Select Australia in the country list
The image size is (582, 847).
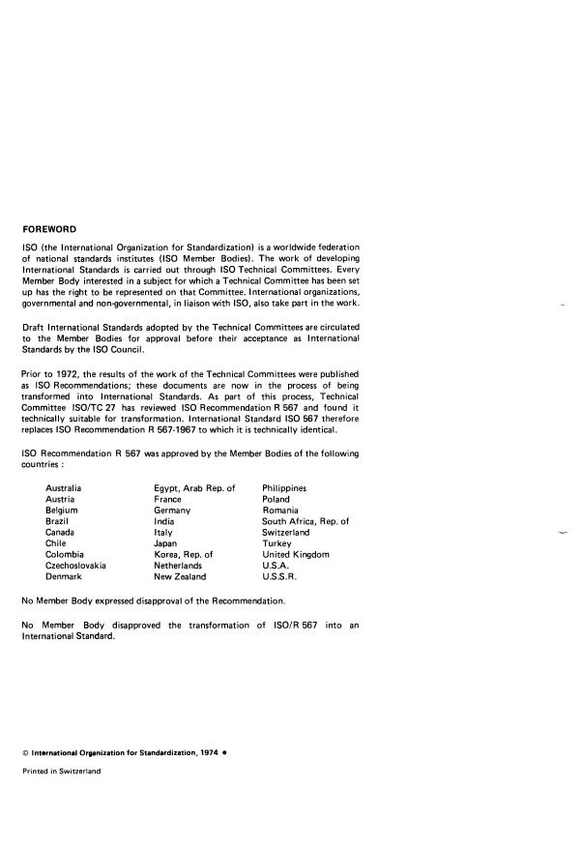coord(64,489)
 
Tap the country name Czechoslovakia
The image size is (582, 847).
coord(76,566)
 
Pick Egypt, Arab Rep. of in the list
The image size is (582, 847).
coord(194,489)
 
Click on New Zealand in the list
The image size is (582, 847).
coord(180,577)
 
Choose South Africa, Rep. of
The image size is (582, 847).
coord(306,522)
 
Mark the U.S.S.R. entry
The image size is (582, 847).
coord(279,577)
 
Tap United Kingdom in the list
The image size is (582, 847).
coord(296,555)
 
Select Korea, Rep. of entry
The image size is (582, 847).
coord(183,555)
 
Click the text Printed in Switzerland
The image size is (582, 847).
coord(61,772)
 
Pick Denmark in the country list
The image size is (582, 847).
coord(64,577)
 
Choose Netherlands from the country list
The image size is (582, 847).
coord(178,566)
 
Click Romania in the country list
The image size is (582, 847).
coord(281,511)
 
